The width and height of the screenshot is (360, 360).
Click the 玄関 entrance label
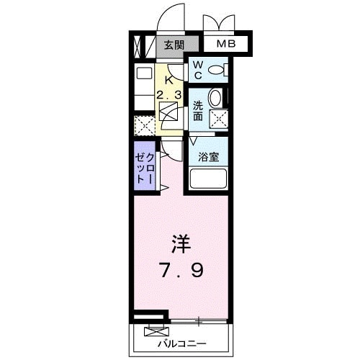(x=173, y=45)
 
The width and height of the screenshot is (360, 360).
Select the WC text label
(x=197, y=71)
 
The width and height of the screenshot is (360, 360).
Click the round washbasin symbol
(x=215, y=99)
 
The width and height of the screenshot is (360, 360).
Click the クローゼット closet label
(x=144, y=170)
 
